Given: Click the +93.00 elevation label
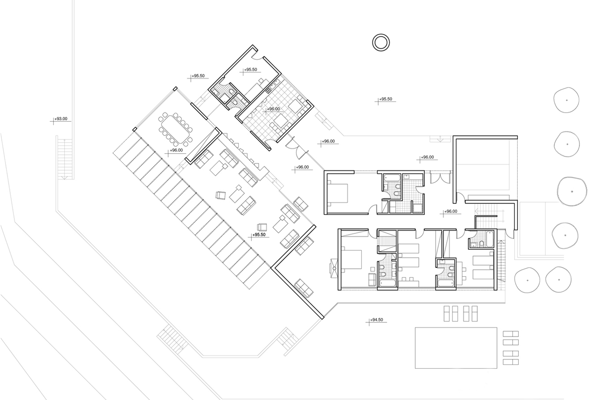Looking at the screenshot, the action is (x=61, y=119).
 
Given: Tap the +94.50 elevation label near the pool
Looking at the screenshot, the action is (x=376, y=320).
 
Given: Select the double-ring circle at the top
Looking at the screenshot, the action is (x=381, y=42).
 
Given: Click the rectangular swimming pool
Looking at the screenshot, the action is (x=456, y=348).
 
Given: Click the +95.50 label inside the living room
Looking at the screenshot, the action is (x=259, y=235).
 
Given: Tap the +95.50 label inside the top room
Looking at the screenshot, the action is (x=251, y=70).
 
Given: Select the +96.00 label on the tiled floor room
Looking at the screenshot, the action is (x=273, y=109).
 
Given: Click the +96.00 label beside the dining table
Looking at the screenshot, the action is (x=176, y=150).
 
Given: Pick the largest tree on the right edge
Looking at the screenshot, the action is (x=572, y=191).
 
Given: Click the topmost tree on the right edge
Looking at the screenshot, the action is (x=566, y=100).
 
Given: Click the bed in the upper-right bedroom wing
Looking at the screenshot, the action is (x=338, y=194).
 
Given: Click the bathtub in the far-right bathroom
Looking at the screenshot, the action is (x=490, y=239).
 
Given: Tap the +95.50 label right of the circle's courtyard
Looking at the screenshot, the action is (x=385, y=99).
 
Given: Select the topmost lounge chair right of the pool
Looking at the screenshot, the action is (x=511, y=334).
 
